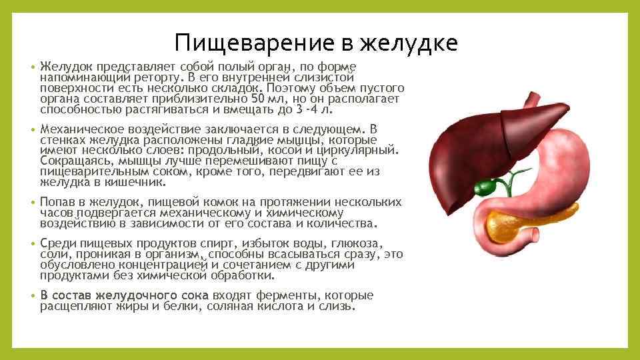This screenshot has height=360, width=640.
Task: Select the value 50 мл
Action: tap(307, 99)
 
